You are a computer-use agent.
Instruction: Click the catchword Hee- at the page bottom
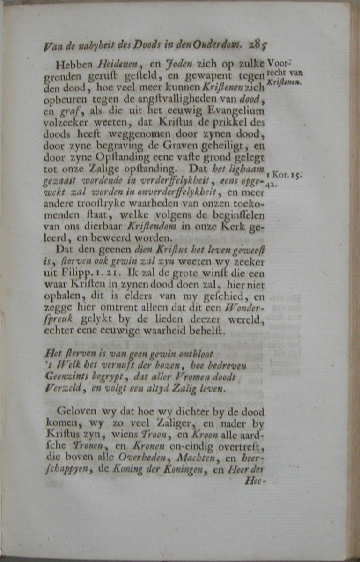tap(255, 480)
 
